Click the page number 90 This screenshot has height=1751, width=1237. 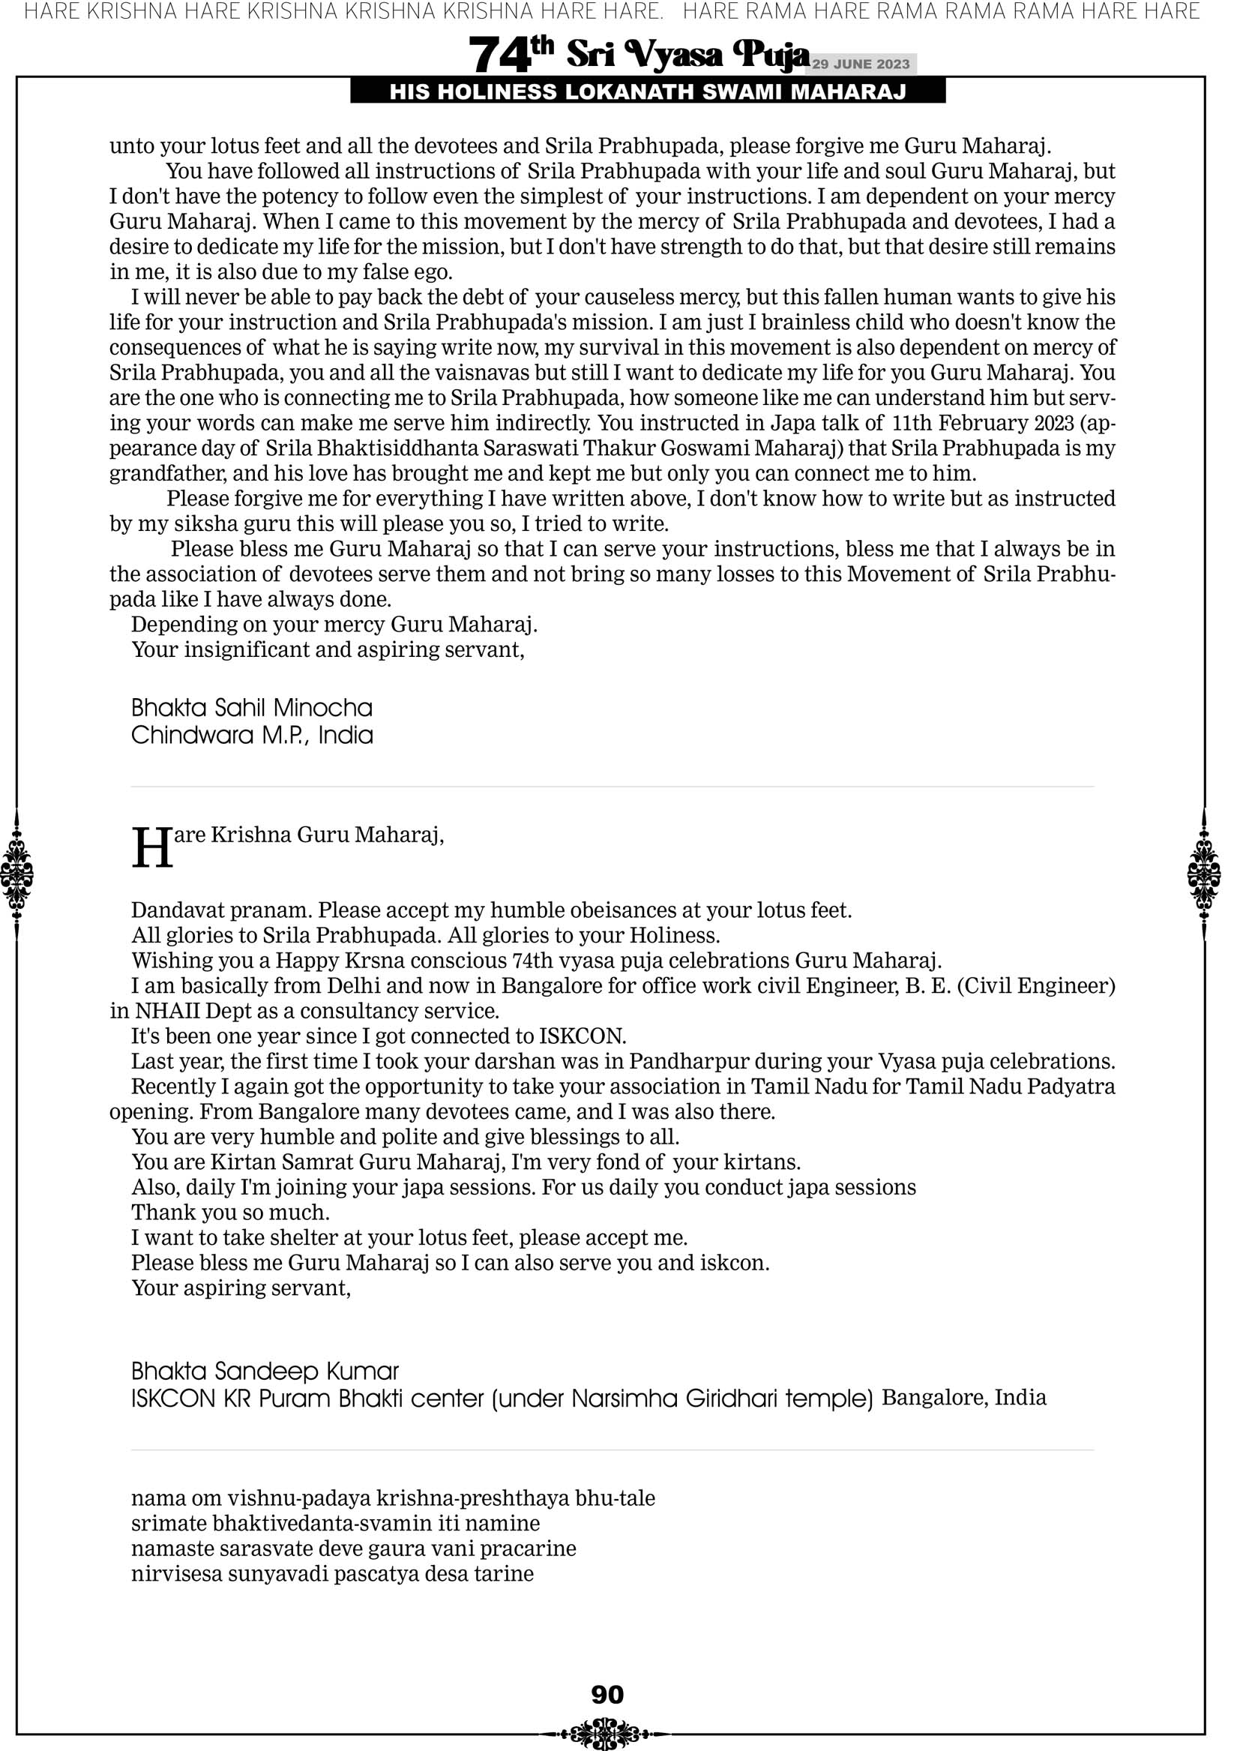607,1695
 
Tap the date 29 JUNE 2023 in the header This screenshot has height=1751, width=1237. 861,64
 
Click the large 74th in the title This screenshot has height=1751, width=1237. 511,53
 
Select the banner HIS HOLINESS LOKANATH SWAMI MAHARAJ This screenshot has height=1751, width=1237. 648,92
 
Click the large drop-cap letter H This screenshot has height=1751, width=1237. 152,848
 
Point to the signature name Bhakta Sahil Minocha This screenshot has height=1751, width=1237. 252,708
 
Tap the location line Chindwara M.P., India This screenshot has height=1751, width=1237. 252,735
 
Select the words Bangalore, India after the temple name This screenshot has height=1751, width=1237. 964,1398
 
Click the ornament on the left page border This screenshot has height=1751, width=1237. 16,874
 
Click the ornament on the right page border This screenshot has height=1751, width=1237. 1204,874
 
